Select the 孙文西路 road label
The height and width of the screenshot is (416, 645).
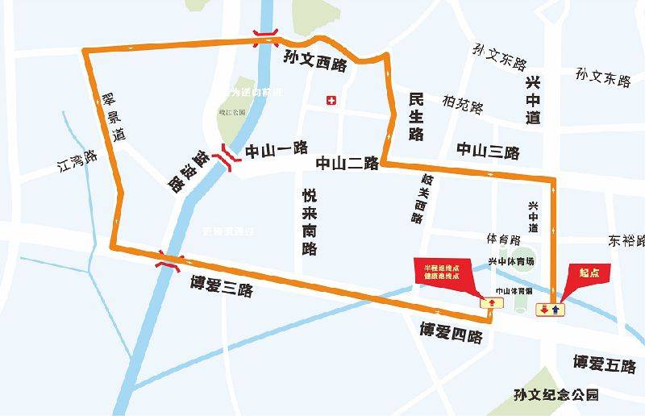(x=314, y=62)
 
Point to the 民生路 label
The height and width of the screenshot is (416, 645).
(x=416, y=116)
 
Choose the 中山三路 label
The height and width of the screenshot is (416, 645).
(x=488, y=151)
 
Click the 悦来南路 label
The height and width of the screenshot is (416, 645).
(x=310, y=222)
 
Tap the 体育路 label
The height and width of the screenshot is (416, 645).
(x=503, y=239)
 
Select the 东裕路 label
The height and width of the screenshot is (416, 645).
(x=626, y=240)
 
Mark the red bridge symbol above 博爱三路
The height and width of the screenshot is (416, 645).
(x=169, y=260)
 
